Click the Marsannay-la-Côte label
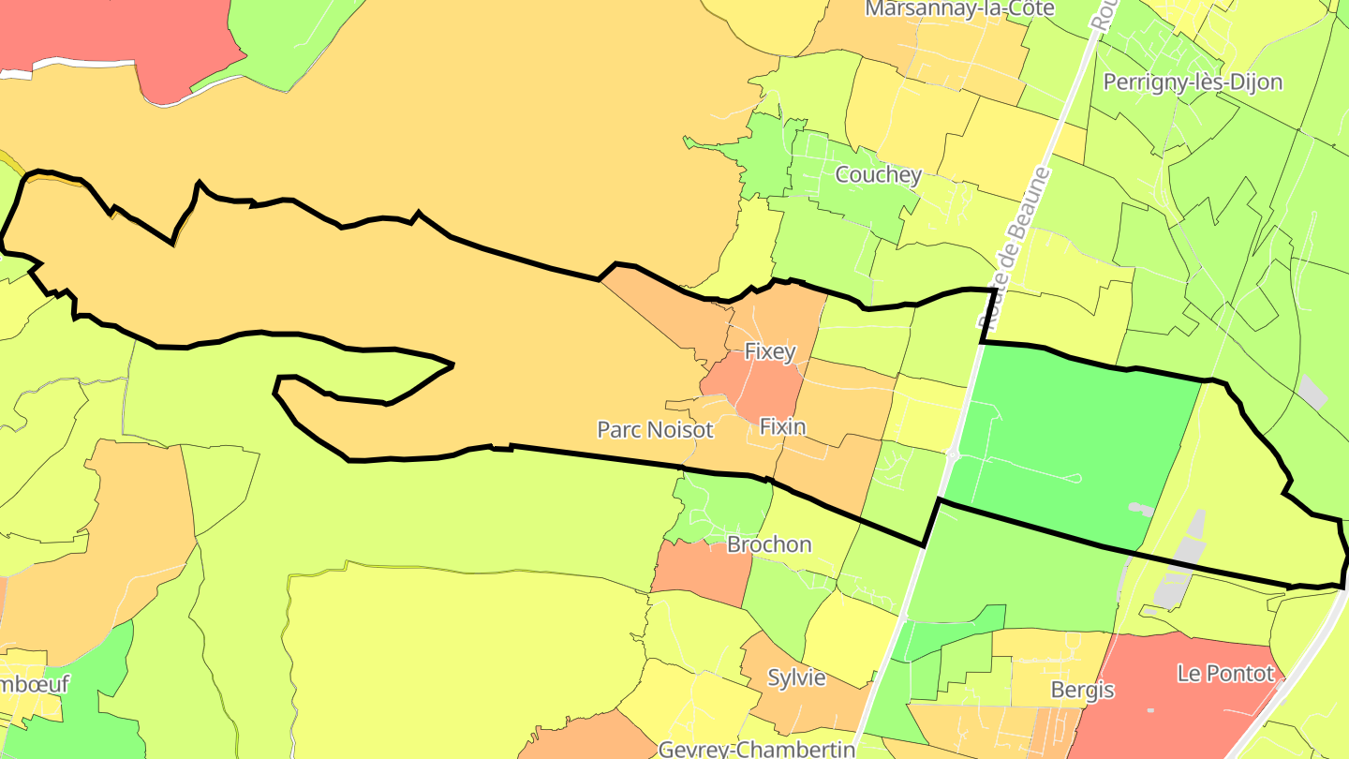(x=959, y=8)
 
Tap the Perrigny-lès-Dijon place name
(x=1193, y=82)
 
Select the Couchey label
(x=878, y=174)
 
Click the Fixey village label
(x=769, y=352)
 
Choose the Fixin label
(x=782, y=426)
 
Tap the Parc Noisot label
(x=656, y=430)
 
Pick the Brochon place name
(x=769, y=544)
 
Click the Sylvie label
(x=796, y=677)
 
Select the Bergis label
(x=1083, y=691)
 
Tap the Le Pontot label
(x=1225, y=674)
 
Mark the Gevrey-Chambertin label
(x=757, y=749)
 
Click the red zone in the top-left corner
(x=122, y=37)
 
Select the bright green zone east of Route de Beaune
(x=1068, y=431)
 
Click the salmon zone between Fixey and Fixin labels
(x=759, y=389)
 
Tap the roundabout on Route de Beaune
(x=951, y=456)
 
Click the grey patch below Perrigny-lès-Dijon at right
(x=1312, y=392)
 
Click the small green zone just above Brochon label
(x=721, y=506)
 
